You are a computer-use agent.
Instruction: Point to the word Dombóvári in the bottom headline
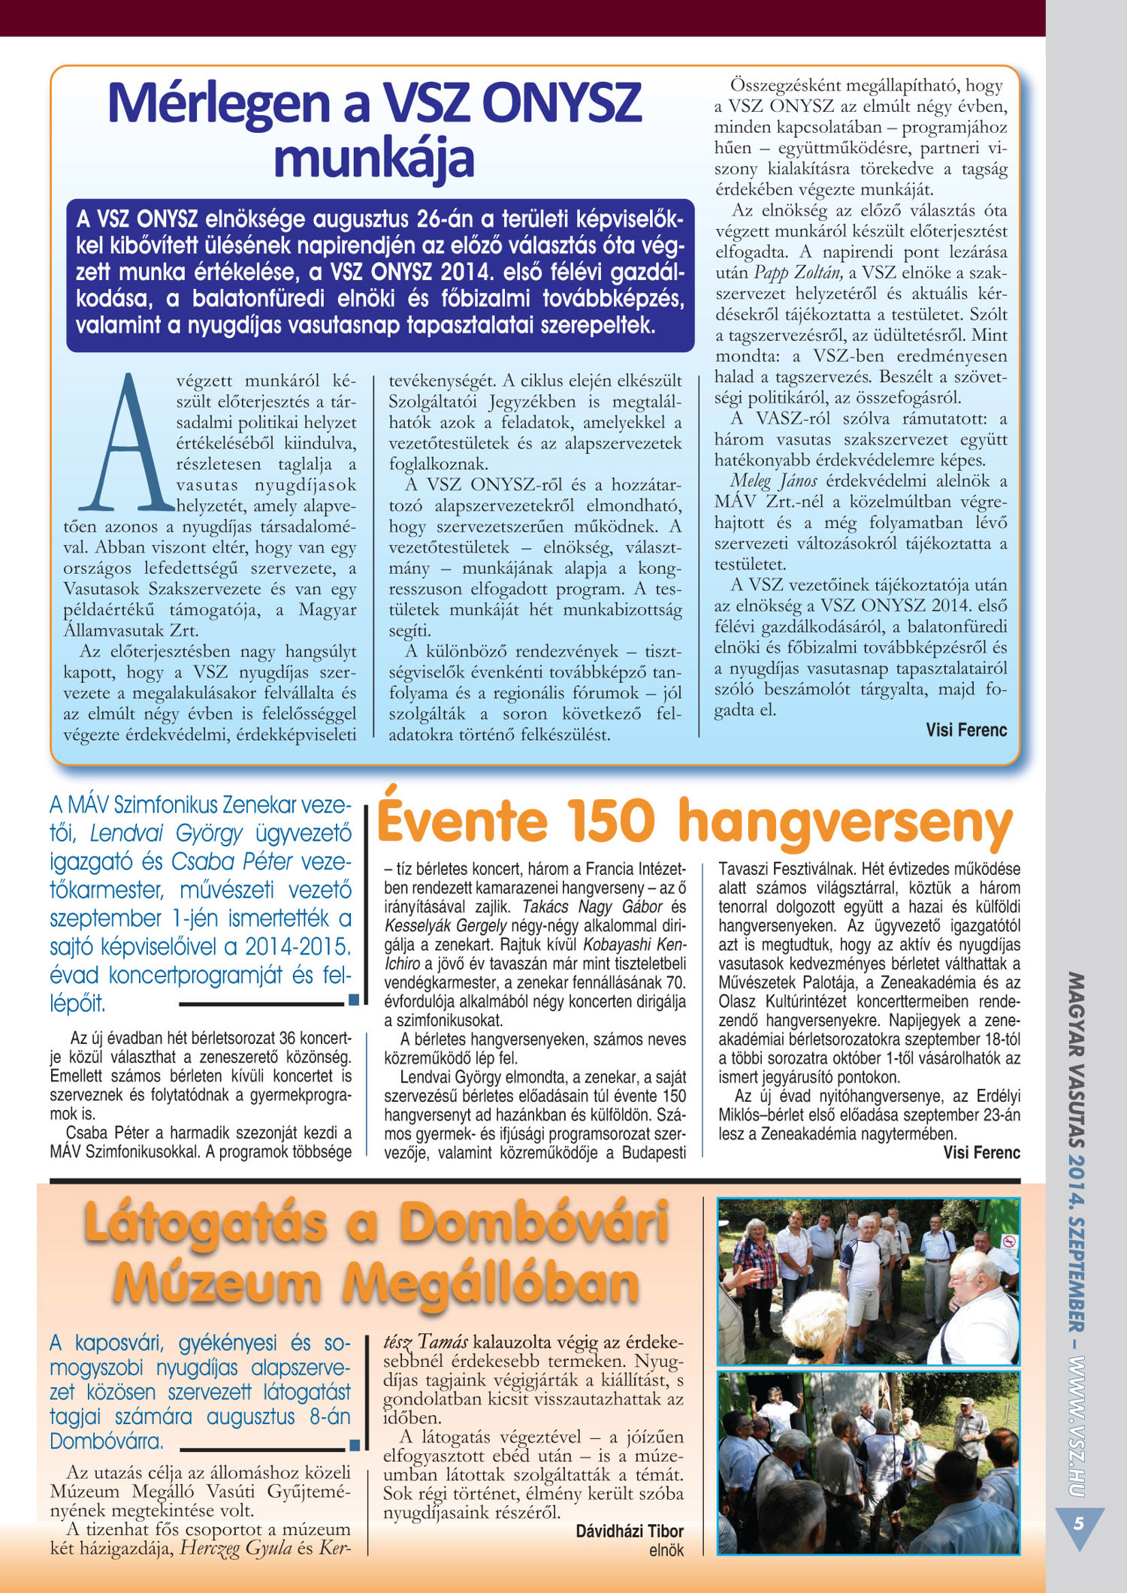534,1223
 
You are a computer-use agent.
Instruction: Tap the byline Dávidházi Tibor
630,1531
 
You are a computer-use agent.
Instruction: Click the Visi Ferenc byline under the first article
966,729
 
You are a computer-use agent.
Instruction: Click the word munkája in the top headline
374,158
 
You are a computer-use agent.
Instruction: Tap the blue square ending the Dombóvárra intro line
355,1444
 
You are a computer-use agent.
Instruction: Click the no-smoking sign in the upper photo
1010,1241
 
